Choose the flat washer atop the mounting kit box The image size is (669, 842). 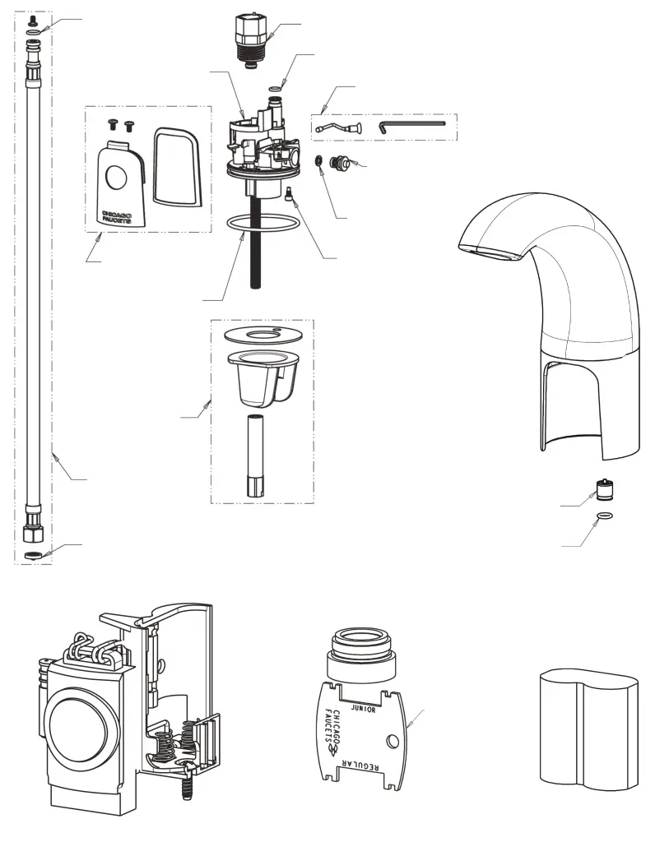coord(261,334)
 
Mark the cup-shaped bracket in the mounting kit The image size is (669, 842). coord(262,377)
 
